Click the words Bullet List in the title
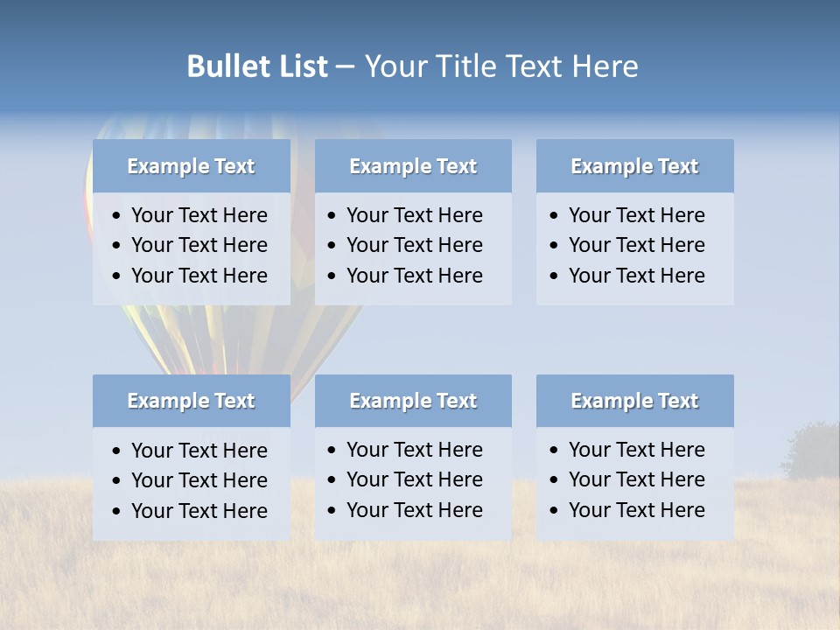(x=257, y=66)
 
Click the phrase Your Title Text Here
(x=500, y=66)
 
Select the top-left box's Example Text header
(x=191, y=166)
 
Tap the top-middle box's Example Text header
(x=413, y=166)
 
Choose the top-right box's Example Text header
(x=634, y=166)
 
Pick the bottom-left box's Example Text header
(x=191, y=401)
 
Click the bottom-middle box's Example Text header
(x=413, y=401)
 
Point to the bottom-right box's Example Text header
(x=634, y=401)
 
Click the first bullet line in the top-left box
(x=199, y=215)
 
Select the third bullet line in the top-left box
(x=199, y=276)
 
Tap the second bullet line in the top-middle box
(x=414, y=245)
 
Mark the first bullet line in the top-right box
(x=636, y=215)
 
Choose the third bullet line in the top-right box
(x=636, y=276)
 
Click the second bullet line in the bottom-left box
(x=199, y=480)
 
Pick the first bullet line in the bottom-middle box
(x=414, y=450)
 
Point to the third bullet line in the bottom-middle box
(x=414, y=510)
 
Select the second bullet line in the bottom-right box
(x=636, y=479)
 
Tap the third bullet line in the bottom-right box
(x=636, y=510)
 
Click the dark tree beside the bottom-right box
(x=812, y=451)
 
